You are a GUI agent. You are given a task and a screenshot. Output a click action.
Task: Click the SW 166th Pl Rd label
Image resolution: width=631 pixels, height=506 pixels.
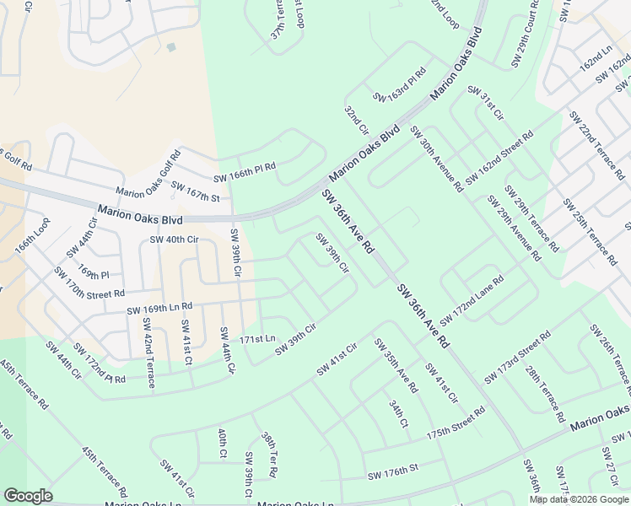[245, 173]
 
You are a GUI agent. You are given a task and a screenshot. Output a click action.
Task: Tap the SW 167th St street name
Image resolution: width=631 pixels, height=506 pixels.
[195, 191]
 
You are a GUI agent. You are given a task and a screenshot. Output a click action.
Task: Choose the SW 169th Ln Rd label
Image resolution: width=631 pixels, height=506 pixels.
[159, 309]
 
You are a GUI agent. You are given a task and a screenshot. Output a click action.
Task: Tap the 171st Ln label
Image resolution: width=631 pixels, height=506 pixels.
[257, 339]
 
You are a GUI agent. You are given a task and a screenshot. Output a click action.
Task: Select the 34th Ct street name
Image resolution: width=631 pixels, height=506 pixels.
[398, 412]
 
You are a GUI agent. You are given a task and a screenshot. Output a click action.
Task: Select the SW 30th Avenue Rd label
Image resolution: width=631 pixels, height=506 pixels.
[436, 159]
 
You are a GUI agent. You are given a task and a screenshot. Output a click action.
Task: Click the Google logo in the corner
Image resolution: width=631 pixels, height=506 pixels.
[27, 496]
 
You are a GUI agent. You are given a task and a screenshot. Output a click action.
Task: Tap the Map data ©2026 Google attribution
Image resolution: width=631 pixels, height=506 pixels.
[580, 499]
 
